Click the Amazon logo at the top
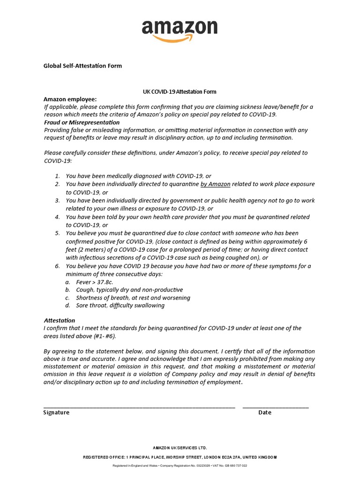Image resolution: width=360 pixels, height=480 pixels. [x=180, y=30]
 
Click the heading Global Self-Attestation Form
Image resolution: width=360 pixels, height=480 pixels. [x=82, y=66]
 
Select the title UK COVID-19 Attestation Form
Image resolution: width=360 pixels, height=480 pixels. [x=180, y=92]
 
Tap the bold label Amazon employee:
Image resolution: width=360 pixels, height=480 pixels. [x=70, y=99]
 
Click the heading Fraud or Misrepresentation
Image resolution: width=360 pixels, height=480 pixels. [x=82, y=122]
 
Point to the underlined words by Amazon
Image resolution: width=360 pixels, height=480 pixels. [x=215, y=184]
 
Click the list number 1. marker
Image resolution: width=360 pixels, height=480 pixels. [x=57, y=176]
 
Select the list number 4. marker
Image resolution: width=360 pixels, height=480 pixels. [x=57, y=217]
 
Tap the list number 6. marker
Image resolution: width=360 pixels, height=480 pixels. [x=57, y=266]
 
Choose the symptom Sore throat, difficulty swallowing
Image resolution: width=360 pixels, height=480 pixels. [x=120, y=306]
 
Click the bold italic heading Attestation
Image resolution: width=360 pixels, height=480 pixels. [x=59, y=320]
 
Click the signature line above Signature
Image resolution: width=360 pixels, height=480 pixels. [x=139, y=406]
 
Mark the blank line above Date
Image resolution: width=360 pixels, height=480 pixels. [x=276, y=406]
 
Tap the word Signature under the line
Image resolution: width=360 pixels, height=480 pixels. [x=56, y=412]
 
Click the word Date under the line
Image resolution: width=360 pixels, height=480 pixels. [x=265, y=412]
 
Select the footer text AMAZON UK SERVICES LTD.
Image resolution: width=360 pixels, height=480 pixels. [x=180, y=448]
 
